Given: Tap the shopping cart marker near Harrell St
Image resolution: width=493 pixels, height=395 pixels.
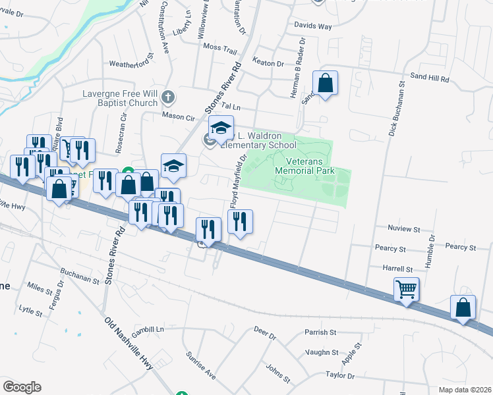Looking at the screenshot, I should pyautogui.click(x=406, y=289).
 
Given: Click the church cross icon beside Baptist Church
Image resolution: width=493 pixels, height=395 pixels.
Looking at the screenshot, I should pyautogui.click(x=167, y=98).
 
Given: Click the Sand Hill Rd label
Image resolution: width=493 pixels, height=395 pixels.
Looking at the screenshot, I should pyautogui.click(x=429, y=78).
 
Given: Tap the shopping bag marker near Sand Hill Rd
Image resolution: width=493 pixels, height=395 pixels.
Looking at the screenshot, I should pyautogui.click(x=325, y=83).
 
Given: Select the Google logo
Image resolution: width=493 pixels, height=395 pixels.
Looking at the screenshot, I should pyautogui.click(x=22, y=387).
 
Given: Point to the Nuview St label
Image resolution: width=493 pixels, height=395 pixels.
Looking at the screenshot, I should pyautogui.click(x=405, y=229).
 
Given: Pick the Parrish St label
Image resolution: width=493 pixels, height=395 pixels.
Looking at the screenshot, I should pyautogui.click(x=320, y=332).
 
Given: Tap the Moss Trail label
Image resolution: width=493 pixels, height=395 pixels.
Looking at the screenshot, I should pyautogui.click(x=219, y=47).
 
